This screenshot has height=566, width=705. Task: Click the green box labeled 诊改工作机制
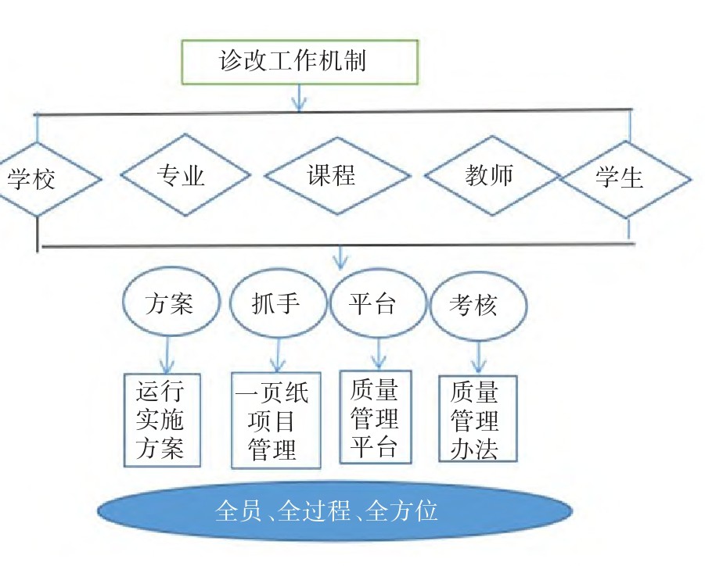click(300, 62)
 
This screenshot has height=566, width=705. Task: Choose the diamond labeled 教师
click(489, 175)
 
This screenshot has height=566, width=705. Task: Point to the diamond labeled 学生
click(625, 178)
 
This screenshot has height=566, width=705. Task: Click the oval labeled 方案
click(168, 303)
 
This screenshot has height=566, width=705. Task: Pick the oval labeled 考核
click(477, 304)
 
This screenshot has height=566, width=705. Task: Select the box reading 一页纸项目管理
click(276, 420)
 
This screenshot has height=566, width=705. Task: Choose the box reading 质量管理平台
click(376, 417)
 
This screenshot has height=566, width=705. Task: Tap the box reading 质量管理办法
click(477, 418)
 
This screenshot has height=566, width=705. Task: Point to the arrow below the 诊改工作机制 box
click(300, 98)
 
